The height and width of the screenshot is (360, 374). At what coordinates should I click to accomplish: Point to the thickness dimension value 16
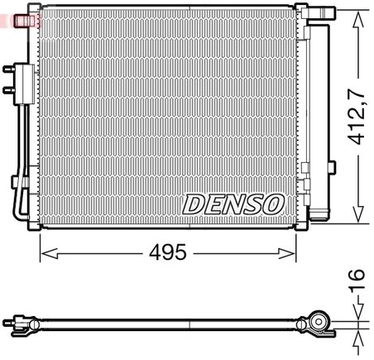point(357,281)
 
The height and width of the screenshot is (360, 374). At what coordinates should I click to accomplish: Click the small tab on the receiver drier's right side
point(333,166)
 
